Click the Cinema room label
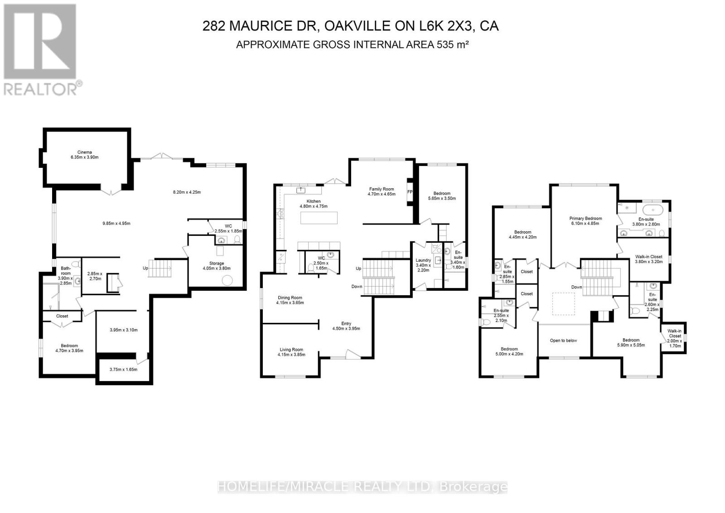(84, 152)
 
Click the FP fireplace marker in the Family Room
(410, 192)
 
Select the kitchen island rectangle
(319, 218)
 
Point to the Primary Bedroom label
(585, 219)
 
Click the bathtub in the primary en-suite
(652, 210)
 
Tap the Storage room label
(217, 264)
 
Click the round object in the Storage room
(227, 280)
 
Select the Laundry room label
(423, 260)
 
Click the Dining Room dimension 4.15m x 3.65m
(290, 303)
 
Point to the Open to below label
(564, 341)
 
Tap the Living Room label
(291, 350)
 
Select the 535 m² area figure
(453, 44)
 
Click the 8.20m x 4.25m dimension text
(187, 192)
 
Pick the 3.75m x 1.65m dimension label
(123, 369)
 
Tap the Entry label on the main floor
(346, 323)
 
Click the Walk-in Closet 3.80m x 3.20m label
(648, 259)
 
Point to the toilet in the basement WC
(237, 239)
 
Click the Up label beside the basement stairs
(145, 269)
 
